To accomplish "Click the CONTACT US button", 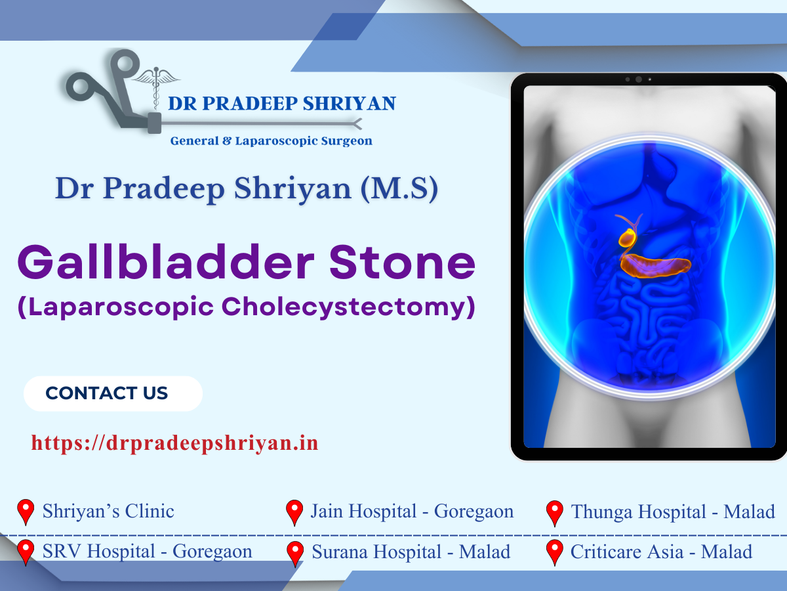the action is click(x=113, y=393).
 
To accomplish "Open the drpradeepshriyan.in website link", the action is click(x=175, y=443).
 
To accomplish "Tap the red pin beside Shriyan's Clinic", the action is click(x=26, y=512).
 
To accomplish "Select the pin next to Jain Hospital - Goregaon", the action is click(x=294, y=513).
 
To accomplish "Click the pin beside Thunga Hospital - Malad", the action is click(x=555, y=514).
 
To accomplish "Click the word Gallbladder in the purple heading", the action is click(x=166, y=262).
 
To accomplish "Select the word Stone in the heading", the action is click(x=402, y=262).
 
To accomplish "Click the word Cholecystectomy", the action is click(x=348, y=307).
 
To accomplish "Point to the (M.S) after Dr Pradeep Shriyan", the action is click(x=399, y=188).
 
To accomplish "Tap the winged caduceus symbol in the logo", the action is click(x=155, y=86).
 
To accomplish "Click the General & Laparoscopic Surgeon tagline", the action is click(x=272, y=141).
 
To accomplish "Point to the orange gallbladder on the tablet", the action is click(x=628, y=238).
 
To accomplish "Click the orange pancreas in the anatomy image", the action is click(x=656, y=266).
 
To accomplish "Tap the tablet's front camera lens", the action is click(x=639, y=79).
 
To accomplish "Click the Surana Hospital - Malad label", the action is click(x=411, y=552).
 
